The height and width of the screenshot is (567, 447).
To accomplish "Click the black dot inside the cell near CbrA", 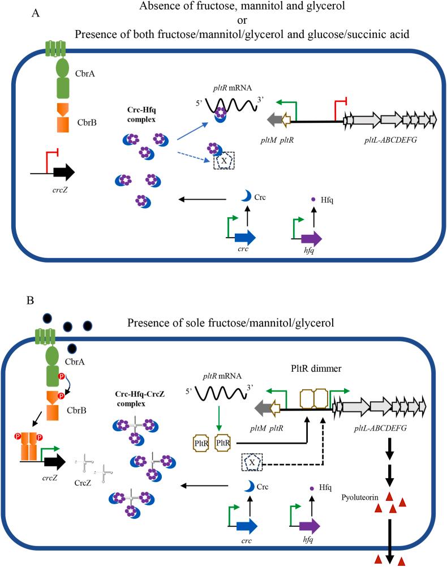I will [x=73, y=347].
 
